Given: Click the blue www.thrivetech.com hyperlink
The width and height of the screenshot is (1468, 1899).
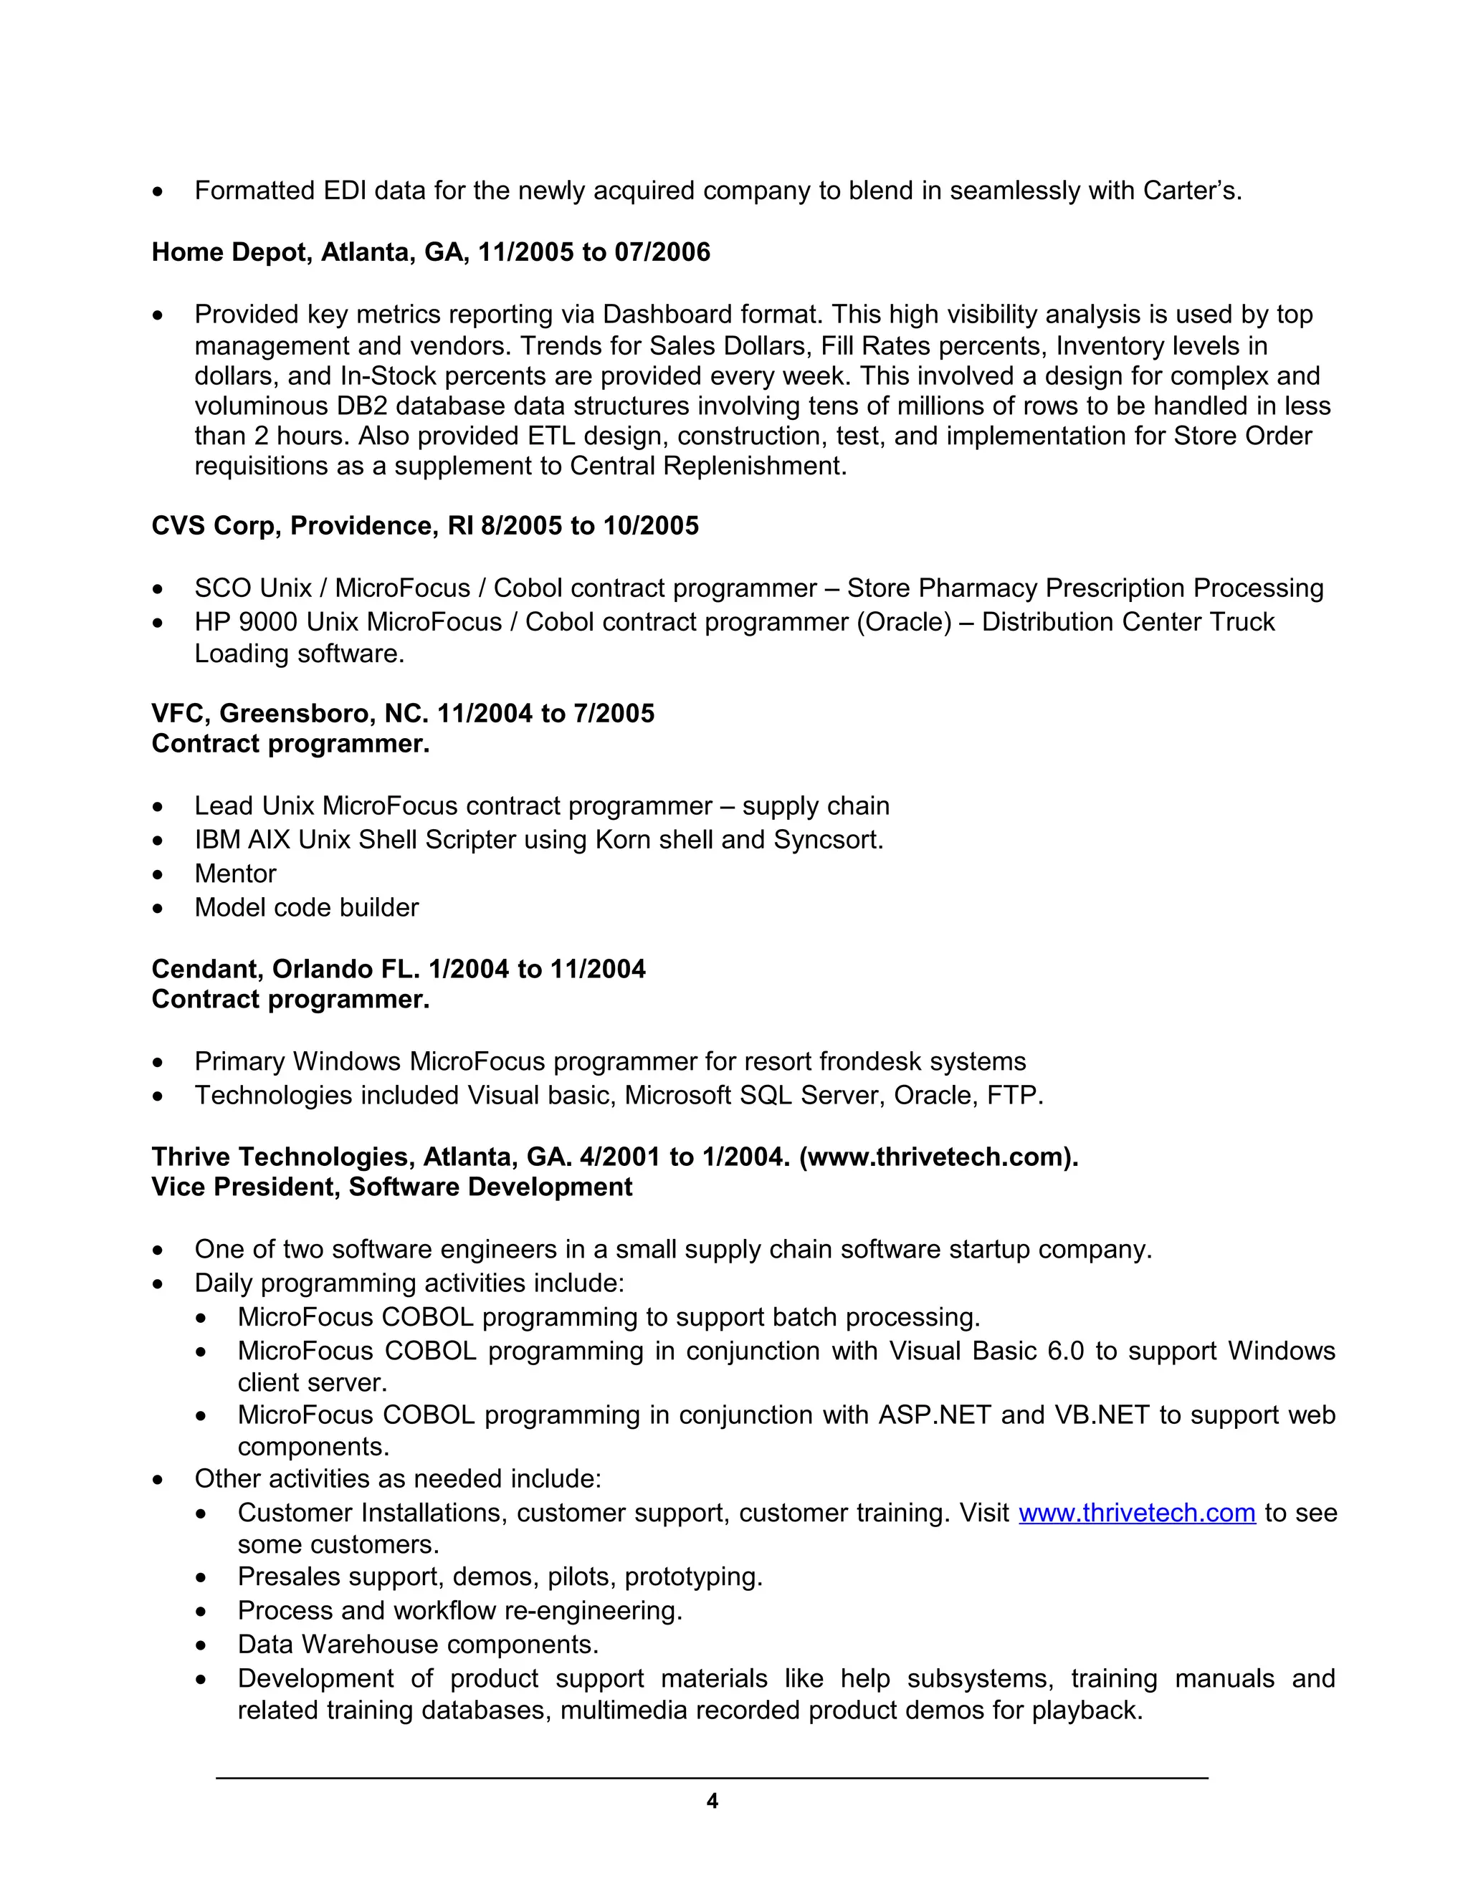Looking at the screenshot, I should point(1137,1512).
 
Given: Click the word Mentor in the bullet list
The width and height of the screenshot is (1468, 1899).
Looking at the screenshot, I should point(235,873).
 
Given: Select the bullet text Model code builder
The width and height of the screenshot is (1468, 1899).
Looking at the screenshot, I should point(306,907).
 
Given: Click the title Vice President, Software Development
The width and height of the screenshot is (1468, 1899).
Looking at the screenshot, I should point(391,1187).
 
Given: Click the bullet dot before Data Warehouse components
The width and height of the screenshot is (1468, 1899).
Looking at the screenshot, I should point(201,1646).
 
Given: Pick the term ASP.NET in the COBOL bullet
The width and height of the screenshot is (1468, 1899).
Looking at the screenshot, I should point(934,1415).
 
